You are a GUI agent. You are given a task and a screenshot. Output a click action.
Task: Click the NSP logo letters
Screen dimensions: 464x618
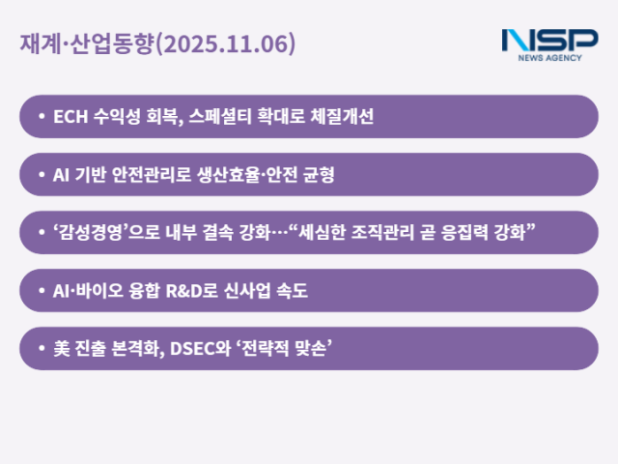[x=549, y=40]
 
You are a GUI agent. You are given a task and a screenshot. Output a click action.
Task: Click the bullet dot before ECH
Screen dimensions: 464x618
[x=41, y=117]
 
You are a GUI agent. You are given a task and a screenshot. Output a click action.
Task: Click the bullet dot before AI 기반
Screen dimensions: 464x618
[x=41, y=175]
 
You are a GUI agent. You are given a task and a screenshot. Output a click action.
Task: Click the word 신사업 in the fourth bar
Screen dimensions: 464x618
[x=261, y=291]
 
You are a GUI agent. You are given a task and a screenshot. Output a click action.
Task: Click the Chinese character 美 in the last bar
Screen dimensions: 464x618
[x=61, y=349]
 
